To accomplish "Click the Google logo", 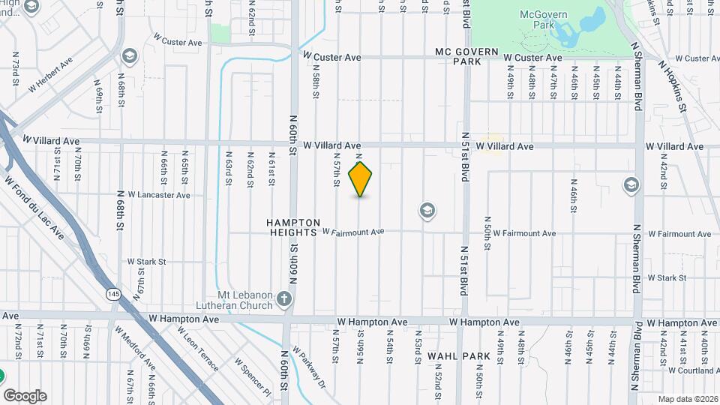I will pos(25,396).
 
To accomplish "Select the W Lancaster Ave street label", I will pos(159,195).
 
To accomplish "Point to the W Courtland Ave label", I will pos(693,370).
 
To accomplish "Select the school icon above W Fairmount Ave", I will pos(427,210).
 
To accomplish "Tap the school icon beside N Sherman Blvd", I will pos(631,184).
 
